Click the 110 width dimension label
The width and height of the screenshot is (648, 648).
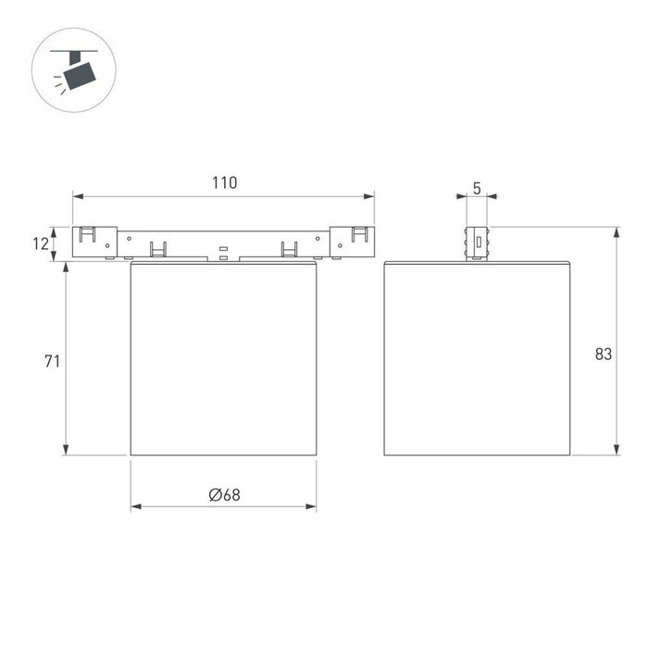[x=223, y=182]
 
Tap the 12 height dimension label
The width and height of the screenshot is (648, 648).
[x=40, y=244]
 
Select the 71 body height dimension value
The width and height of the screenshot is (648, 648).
[x=52, y=361]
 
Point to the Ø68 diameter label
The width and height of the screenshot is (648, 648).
[x=224, y=495]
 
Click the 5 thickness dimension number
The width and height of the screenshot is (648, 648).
[x=477, y=188]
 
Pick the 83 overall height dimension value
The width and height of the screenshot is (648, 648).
[x=604, y=354]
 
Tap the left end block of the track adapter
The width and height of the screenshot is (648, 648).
[x=93, y=243]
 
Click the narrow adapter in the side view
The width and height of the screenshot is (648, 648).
[x=477, y=243]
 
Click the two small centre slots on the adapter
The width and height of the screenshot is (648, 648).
[x=223, y=253]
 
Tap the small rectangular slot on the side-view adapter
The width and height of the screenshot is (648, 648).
[x=478, y=243]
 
